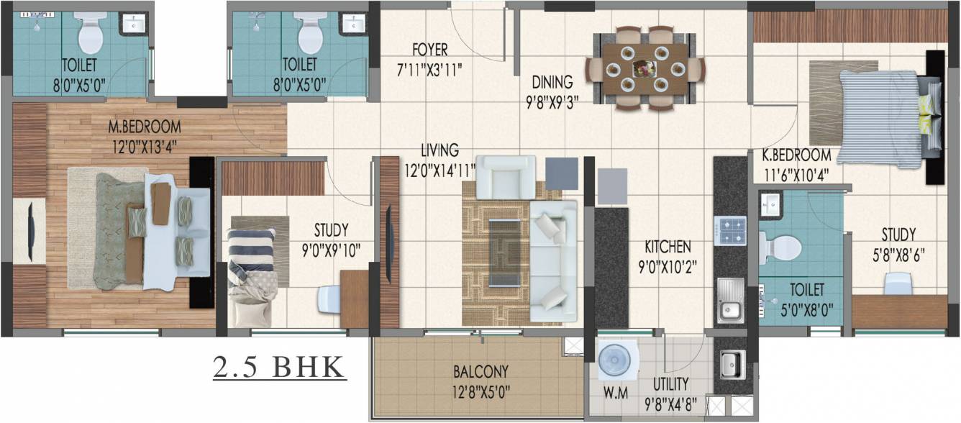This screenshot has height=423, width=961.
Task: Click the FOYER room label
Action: coord(430,50)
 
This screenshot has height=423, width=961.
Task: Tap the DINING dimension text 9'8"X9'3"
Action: coord(552,102)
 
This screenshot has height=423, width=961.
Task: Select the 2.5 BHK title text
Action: coord(279,367)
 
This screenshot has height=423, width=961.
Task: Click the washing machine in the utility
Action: coord(615,360)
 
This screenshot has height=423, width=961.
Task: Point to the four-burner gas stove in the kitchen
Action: coord(730,230)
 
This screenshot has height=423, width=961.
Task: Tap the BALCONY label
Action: coord(481,371)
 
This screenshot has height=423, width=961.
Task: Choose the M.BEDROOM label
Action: coord(145,127)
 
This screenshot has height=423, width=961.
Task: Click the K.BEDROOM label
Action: coord(797,155)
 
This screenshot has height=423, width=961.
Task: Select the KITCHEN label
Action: coord(668,247)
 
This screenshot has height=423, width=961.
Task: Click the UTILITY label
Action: coord(671,384)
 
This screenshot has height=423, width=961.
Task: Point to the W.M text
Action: coord(616,393)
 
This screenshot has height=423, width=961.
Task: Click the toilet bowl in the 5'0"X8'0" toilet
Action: coord(780,247)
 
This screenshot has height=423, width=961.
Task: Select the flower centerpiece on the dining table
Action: coord(645,68)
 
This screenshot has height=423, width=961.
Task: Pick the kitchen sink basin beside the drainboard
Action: coord(729,310)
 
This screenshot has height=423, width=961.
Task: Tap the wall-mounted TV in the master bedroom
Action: coord(30,232)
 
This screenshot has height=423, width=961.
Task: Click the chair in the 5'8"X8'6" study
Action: coord(898,283)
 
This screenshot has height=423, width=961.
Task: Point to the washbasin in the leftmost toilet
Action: coord(135,23)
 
